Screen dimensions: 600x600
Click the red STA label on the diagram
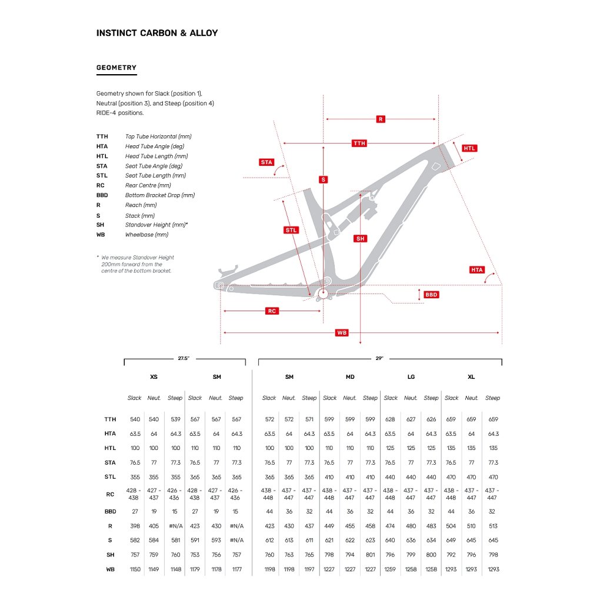pyautogui.click(x=266, y=162)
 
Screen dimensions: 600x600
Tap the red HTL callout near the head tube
pyautogui.click(x=469, y=148)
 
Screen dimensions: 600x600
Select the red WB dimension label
pyautogui.click(x=342, y=333)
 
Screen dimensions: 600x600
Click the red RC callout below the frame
pyautogui.click(x=271, y=311)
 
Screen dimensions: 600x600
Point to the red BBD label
pyautogui.click(x=431, y=294)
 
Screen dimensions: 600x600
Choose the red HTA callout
pyautogui.click(x=476, y=270)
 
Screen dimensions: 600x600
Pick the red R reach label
pyautogui.click(x=381, y=119)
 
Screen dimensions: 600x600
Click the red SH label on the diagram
pyautogui.click(x=360, y=238)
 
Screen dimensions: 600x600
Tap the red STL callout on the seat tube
pyautogui.click(x=291, y=230)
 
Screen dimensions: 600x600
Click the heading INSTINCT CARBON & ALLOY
pyautogui.click(x=157, y=33)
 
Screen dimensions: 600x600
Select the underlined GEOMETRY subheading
pyautogui.click(x=116, y=68)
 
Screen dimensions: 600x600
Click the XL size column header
pyautogui.click(x=471, y=377)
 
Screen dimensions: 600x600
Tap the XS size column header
pyautogui.click(x=154, y=377)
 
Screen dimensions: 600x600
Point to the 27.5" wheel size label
pyautogui.click(x=184, y=358)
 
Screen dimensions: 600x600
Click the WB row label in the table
pyautogui.click(x=110, y=569)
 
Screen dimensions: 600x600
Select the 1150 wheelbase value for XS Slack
pyautogui.click(x=135, y=569)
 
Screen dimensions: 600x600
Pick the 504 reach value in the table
pyautogui.click(x=451, y=526)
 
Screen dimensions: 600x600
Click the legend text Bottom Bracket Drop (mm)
pyautogui.click(x=159, y=195)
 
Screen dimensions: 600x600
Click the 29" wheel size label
pyautogui.click(x=379, y=358)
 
